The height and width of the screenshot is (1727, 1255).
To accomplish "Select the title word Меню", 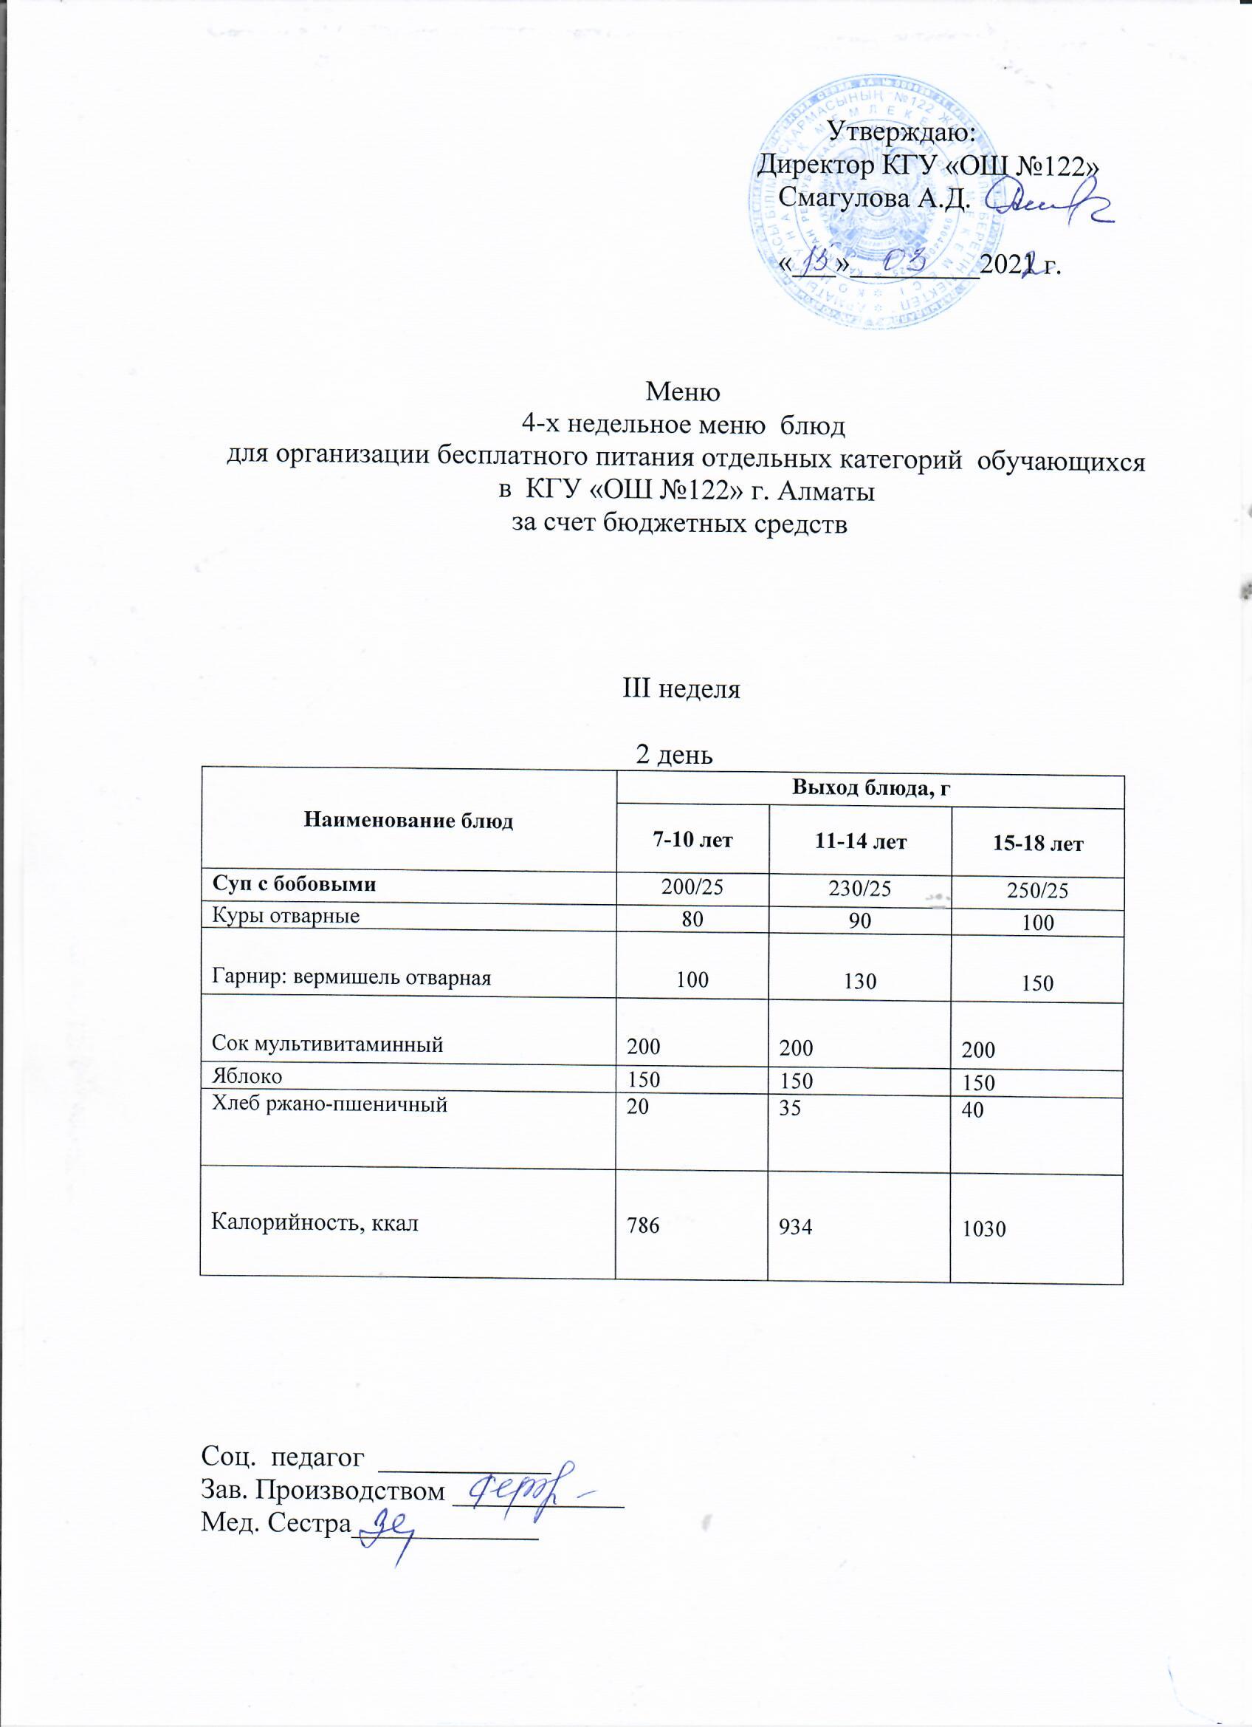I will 683,391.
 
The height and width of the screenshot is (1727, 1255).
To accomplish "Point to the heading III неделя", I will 681,690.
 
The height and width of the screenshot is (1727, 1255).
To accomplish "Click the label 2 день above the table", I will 673,755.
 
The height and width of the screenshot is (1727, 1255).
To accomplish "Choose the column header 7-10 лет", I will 692,841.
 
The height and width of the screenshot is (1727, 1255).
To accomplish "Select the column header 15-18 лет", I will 1037,844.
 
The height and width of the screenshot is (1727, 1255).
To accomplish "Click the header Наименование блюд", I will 409,820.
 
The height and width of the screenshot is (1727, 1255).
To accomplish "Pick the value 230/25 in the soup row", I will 860,889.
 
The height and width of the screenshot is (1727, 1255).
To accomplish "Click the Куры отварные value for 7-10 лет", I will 692,919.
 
